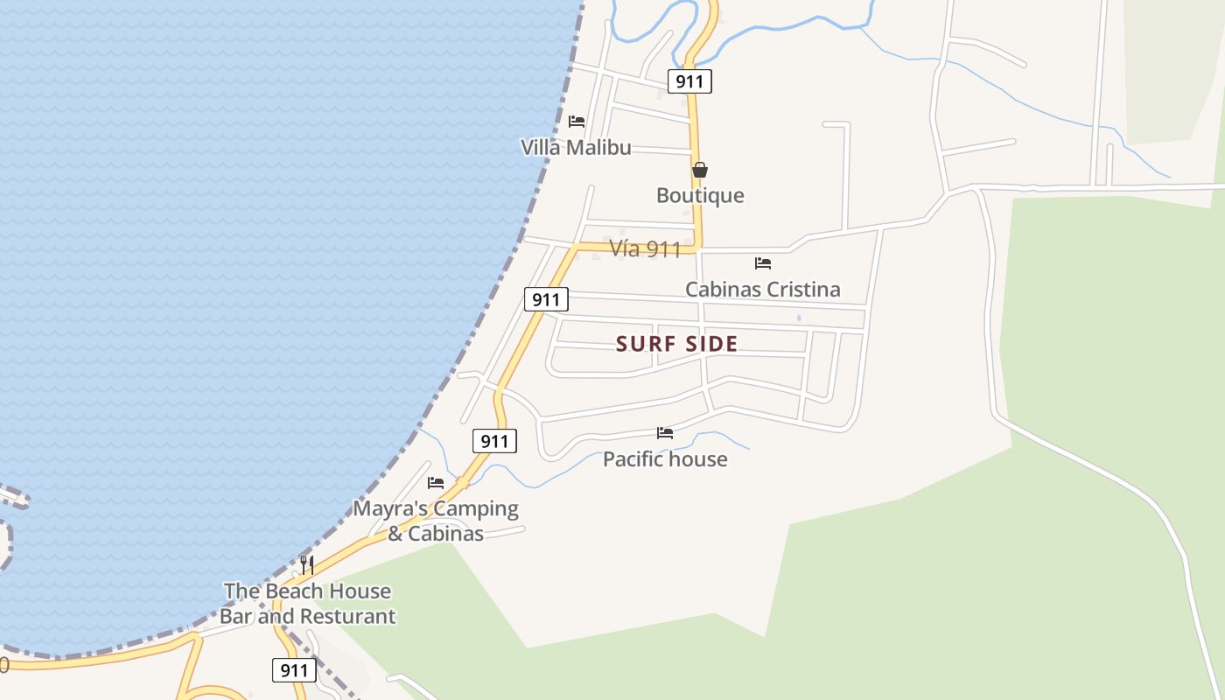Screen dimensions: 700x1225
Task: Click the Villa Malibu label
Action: [576, 147]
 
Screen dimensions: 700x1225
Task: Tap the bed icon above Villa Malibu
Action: [576, 122]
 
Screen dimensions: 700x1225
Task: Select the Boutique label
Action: [700, 195]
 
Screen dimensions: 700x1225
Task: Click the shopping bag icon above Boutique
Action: [700, 170]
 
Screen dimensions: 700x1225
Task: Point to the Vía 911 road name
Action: [645, 249]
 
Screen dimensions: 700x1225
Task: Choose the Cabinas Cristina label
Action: [762, 289]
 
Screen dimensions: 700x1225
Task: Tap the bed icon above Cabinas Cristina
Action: [763, 262]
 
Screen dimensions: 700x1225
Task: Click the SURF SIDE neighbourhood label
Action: [677, 344]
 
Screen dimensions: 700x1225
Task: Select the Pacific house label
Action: [665, 458]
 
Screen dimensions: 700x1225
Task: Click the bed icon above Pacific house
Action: [665, 432]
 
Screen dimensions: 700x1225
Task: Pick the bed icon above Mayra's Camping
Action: [436, 482]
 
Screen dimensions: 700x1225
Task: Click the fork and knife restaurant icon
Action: [307, 564]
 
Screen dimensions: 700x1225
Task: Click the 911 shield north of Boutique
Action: [689, 81]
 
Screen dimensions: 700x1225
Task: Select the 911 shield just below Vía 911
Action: [546, 299]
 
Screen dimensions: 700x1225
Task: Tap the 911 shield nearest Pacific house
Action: [494, 441]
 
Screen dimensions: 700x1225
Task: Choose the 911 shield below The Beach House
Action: [294, 670]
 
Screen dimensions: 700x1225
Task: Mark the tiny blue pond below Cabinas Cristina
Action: [799, 318]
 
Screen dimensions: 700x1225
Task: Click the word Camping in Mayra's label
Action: [476, 508]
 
